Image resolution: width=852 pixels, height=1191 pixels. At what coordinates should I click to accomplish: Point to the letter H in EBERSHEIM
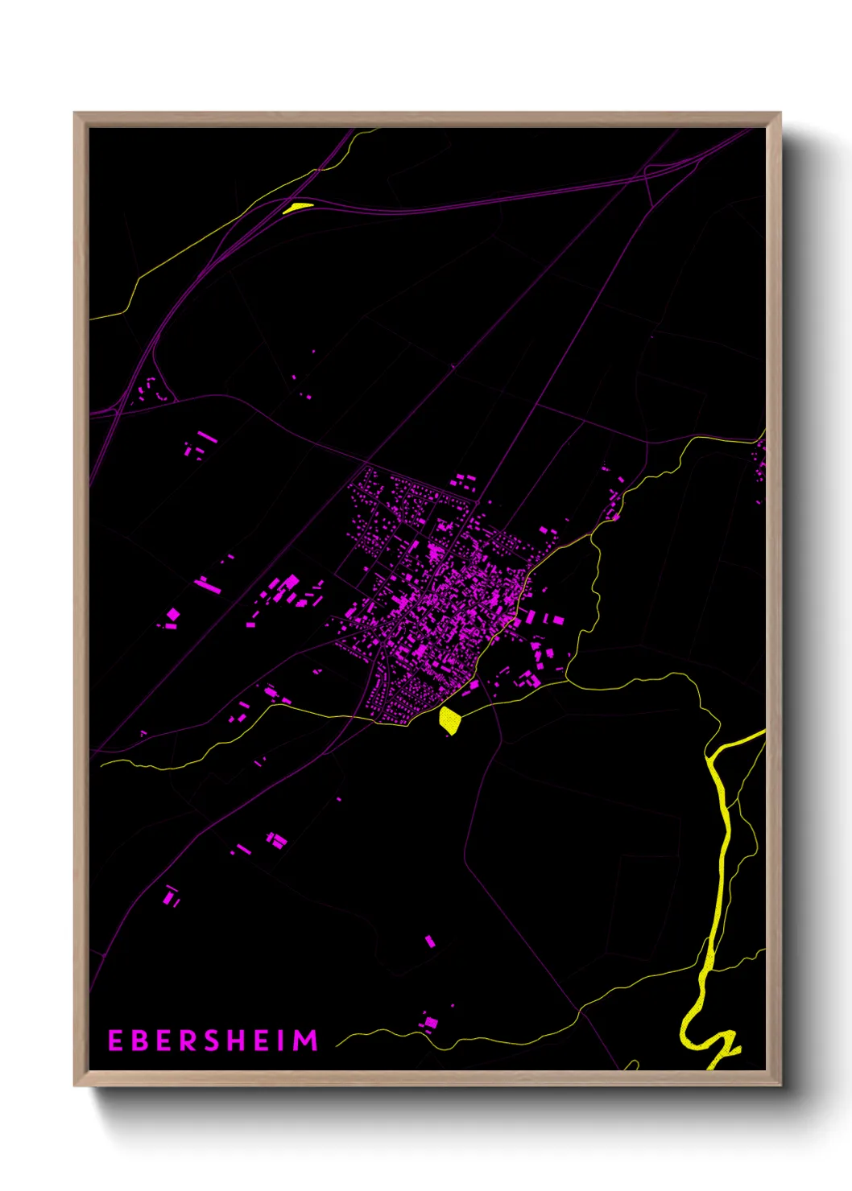tap(237, 1041)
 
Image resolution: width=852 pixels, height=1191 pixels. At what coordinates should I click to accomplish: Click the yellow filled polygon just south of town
tap(449, 720)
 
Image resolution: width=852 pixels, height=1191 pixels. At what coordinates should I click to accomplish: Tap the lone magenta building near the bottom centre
tap(430, 941)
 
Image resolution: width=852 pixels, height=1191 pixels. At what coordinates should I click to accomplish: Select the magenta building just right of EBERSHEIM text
tap(431, 1023)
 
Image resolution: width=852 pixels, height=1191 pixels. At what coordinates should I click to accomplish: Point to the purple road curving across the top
tap(483, 200)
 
